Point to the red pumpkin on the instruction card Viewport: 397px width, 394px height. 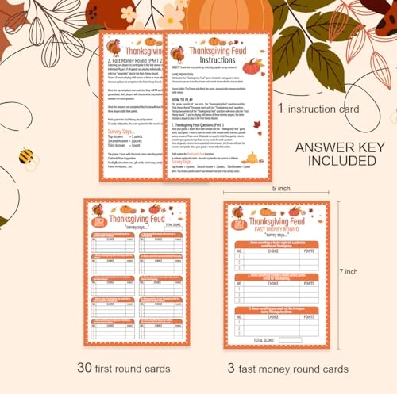coord(251,67)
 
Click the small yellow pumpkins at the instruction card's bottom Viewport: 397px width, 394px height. coord(251,159)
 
